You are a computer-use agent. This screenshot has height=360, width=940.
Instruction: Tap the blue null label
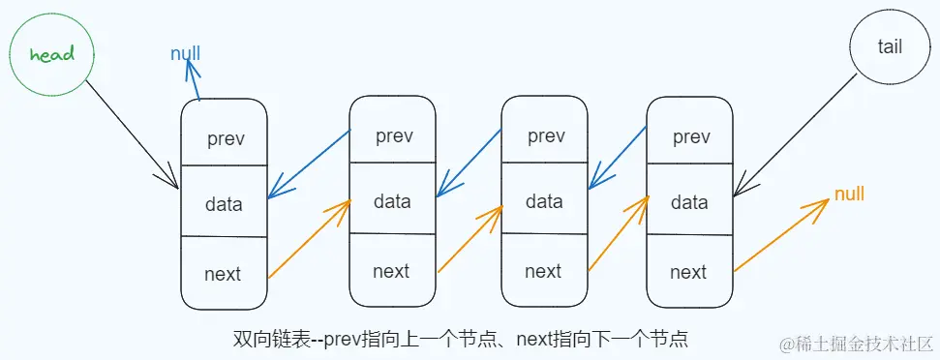pyautogui.click(x=185, y=54)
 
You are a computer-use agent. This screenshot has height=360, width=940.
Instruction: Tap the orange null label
pyautogui.click(x=849, y=194)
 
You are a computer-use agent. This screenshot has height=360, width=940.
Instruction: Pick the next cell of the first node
pyautogui.click(x=225, y=273)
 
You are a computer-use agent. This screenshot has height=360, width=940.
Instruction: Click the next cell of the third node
pyautogui.click(x=544, y=270)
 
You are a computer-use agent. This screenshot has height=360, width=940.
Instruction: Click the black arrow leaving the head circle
pyautogui.click(x=132, y=134)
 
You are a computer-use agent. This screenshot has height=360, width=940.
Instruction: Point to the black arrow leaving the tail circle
pyautogui.click(x=796, y=135)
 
